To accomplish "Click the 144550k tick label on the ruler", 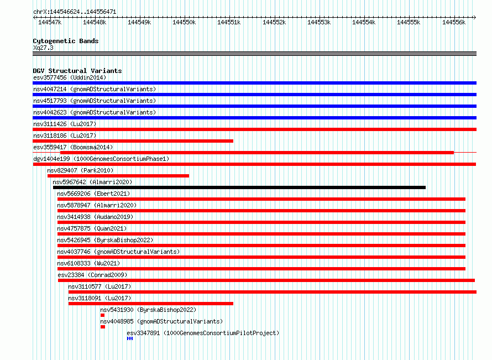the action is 184,22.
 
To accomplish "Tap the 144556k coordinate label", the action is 454,22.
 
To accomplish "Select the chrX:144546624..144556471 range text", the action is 75,12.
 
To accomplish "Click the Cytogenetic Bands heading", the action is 66,41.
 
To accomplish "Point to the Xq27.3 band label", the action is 43,48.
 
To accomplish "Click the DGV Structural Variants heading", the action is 77,71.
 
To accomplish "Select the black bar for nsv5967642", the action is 239,187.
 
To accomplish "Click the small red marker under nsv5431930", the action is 103,315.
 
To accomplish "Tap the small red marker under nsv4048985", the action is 103,327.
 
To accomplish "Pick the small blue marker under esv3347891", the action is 130,338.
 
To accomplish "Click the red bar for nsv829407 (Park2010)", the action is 118,176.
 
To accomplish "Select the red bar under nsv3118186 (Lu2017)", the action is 133,141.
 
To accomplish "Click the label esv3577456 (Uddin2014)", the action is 70,77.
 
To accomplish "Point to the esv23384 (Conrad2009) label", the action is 92,275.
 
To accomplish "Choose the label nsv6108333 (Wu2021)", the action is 88,263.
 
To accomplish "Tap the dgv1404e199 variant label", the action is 51,159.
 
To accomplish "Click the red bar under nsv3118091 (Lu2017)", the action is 151,304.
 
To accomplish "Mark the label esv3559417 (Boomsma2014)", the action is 73,147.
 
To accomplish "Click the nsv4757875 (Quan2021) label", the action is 92,228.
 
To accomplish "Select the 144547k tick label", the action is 50,22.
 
